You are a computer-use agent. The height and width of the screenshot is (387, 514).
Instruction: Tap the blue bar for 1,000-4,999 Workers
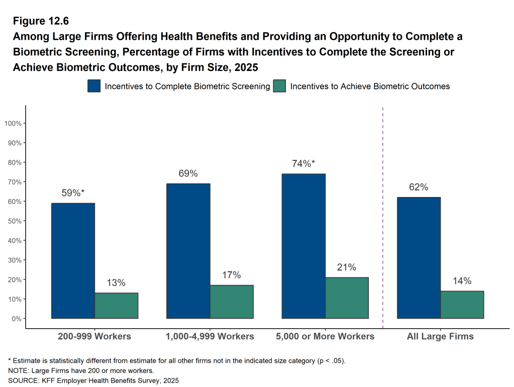tap(188, 251)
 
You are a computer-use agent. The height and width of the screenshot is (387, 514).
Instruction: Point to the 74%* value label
tap(303, 163)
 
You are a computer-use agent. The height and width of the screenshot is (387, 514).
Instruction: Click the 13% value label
tap(116, 283)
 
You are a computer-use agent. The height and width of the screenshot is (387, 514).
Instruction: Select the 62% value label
tap(419, 187)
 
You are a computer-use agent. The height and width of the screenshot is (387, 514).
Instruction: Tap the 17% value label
tap(232, 275)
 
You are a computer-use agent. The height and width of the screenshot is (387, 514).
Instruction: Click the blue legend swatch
tap(94, 86)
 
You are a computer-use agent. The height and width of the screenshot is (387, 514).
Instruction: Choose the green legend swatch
tap(279, 86)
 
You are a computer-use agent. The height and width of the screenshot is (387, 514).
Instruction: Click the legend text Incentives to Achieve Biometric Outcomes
tap(370, 86)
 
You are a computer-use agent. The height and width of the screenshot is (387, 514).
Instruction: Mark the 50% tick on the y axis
tap(15, 221)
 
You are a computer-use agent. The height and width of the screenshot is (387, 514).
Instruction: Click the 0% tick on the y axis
tap(16, 319)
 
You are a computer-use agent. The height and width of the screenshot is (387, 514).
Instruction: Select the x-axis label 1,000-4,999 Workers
tap(210, 336)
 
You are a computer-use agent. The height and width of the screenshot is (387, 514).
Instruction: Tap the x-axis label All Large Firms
tap(440, 336)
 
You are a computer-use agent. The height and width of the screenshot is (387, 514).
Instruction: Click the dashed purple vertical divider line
tap(383, 216)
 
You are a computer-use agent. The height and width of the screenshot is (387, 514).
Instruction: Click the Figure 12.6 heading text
tap(41, 21)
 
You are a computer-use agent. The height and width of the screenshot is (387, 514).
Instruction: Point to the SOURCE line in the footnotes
tap(93, 380)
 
